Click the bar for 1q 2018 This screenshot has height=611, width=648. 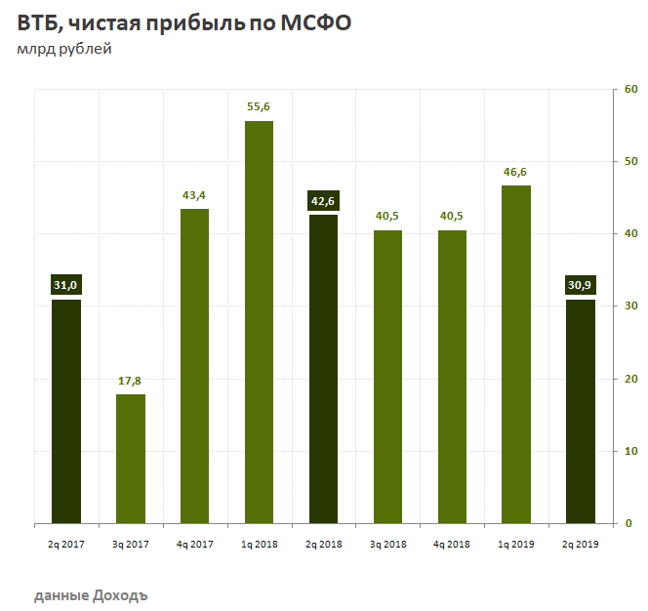click(x=259, y=322)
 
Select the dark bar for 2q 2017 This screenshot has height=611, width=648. click(x=66, y=411)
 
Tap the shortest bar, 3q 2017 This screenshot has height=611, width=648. click(x=131, y=459)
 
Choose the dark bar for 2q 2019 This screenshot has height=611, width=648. click(x=580, y=411)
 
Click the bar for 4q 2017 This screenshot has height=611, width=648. click(x=194, y=366)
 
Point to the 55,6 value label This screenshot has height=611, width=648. click(x=259, y=106)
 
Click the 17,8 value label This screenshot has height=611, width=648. click(x=131, y=380)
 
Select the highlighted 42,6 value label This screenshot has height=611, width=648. click(x=323, y=202)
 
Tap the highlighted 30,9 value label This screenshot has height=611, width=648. click(x=580, y=285)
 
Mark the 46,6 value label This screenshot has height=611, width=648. click(x=515, y=172)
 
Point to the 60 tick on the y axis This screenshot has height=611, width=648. click(x=630, y=90)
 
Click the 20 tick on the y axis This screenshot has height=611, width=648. click(x=630, y=379)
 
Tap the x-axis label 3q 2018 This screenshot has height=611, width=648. click(x=387, y=543)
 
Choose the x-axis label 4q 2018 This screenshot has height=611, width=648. click(x=451, y=543)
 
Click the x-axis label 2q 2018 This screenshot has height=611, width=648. click(x=323, y=543)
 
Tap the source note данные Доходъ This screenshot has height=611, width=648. click(x=92, y=593)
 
